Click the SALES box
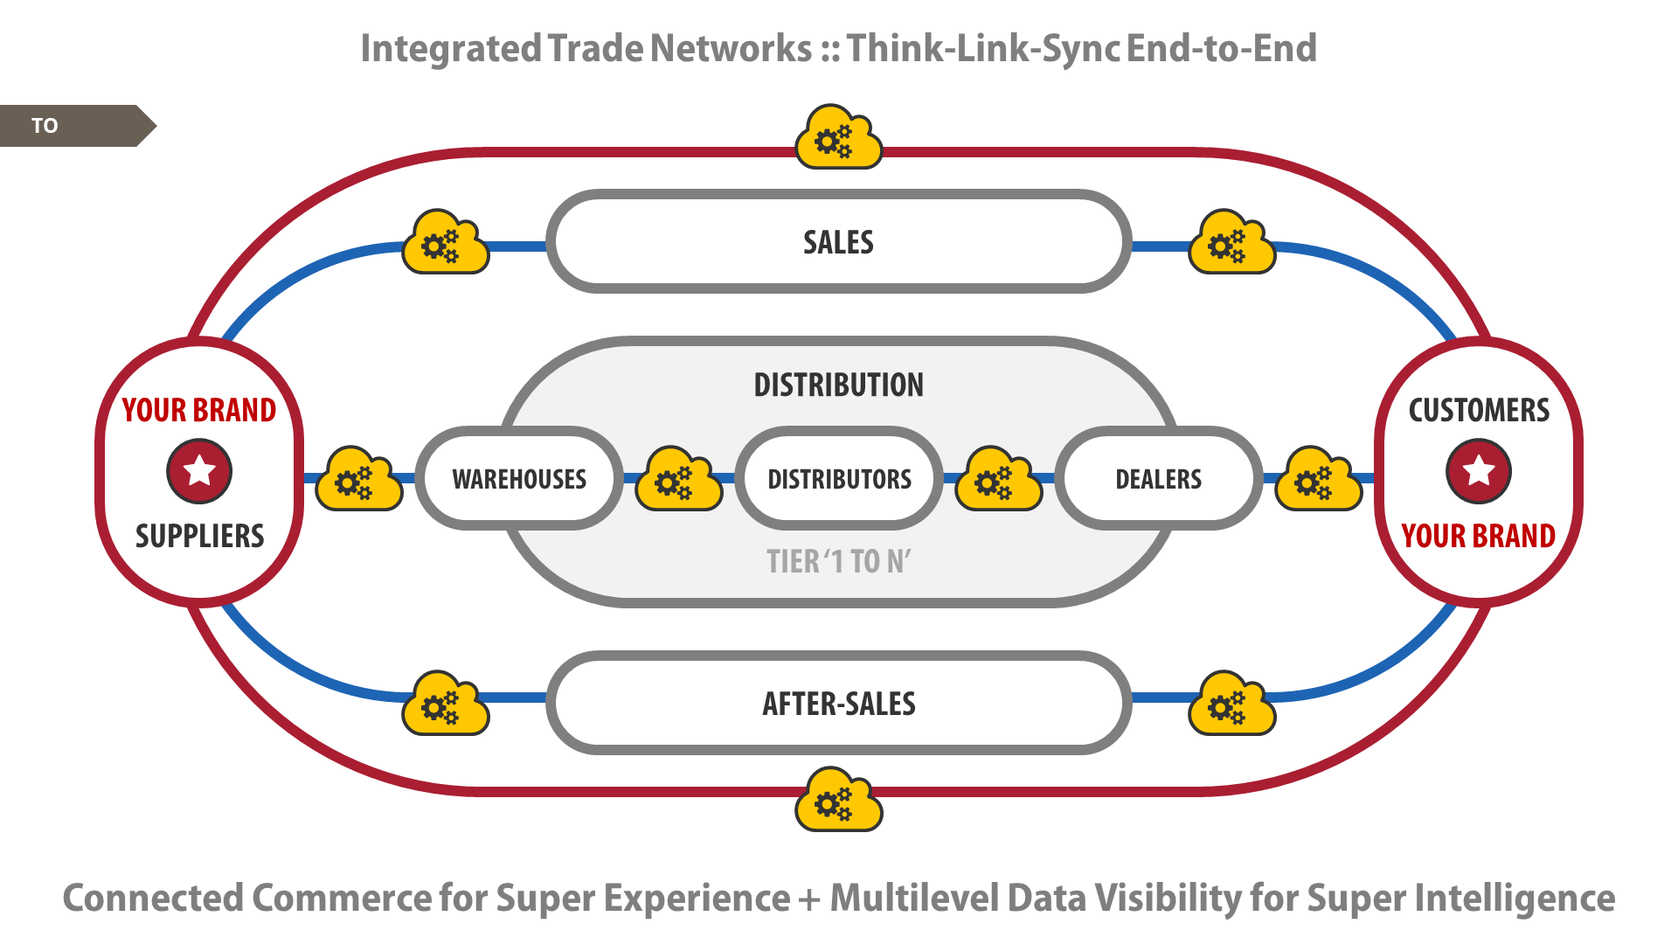839,242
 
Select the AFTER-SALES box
839,703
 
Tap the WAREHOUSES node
519,478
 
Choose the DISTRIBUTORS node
839,478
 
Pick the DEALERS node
1159,478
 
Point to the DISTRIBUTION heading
839,385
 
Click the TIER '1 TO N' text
839,561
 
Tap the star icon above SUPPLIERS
199,471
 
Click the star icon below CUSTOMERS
1479,471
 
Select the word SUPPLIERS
199,536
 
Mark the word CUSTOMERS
1479,410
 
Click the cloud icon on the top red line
839,137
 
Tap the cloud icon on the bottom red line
839,799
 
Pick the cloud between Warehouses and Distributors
679,479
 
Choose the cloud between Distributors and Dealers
999,479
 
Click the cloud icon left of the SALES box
446,242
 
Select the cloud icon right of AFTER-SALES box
1232,703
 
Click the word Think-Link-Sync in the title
983,48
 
